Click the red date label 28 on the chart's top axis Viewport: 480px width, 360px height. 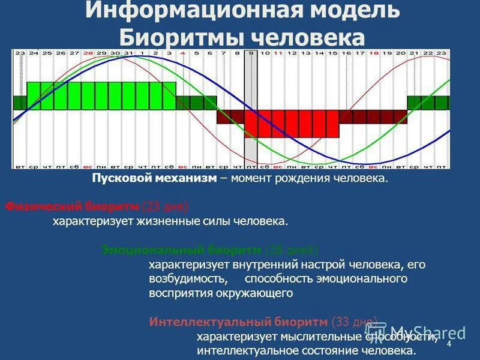[88, 53]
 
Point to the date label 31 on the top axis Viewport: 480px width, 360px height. [129, 53]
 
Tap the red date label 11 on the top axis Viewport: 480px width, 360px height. [278, 53]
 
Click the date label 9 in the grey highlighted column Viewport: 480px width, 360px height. [251, 53]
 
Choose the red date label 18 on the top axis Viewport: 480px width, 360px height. [374, 53]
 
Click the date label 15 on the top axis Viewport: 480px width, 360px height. [332, 53]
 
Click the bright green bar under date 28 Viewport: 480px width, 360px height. [88, 95]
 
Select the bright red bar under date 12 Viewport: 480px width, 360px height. [292, 124]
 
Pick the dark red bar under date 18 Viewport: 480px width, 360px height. [374, 116]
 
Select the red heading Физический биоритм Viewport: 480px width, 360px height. [72, 206]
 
